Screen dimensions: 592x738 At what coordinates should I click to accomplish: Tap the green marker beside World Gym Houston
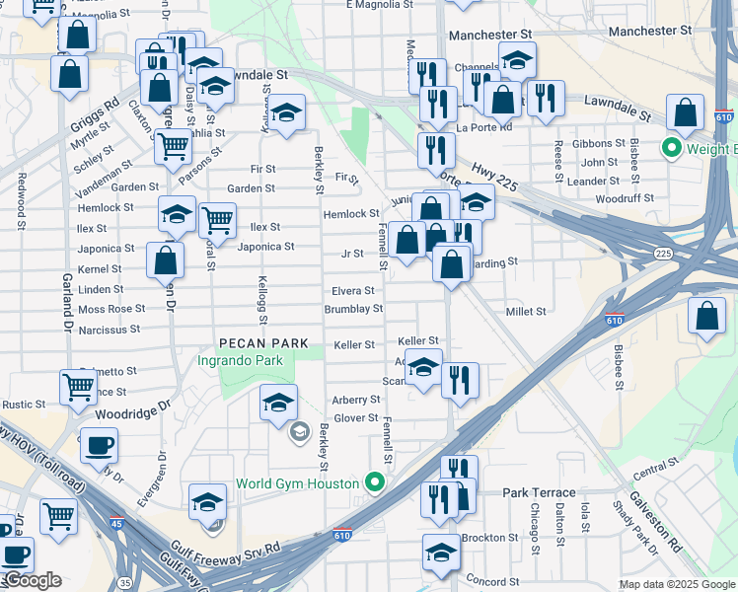point(374,483)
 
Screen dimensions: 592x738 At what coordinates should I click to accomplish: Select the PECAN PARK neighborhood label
point(264,343)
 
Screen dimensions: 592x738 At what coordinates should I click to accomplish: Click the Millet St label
point(526,312)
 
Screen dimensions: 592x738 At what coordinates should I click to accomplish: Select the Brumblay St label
point(353,309)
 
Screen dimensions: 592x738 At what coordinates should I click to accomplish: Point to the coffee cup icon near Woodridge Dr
point(99,444)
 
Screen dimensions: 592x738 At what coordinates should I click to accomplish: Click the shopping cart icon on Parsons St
point(174,146)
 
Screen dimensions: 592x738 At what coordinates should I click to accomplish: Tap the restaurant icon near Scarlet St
point(460,378)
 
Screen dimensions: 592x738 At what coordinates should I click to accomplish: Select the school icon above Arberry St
point(279,402)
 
